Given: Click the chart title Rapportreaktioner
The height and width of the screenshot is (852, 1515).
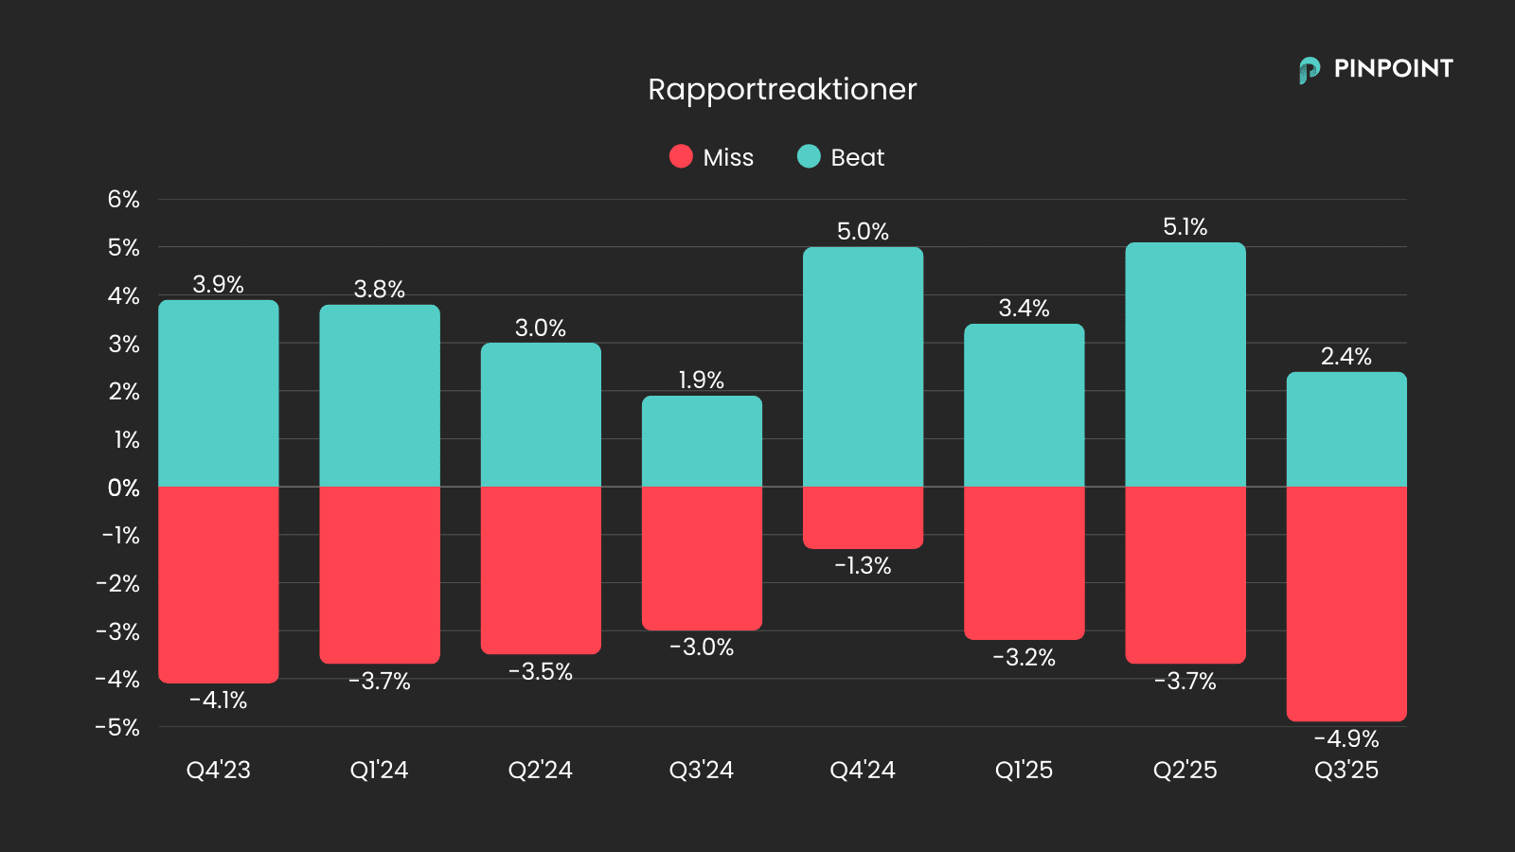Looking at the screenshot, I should [782, 89].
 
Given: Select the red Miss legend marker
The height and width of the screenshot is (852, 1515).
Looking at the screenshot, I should [681, 156].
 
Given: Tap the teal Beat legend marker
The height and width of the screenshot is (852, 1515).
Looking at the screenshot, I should [809, 156].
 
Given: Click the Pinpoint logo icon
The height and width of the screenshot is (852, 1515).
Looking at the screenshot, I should [1310, 70].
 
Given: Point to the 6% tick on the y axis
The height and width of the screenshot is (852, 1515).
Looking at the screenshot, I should [123, 200].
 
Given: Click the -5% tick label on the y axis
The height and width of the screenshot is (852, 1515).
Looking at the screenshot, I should [117, 728].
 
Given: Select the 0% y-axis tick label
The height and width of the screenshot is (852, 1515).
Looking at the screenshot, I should [123, 488].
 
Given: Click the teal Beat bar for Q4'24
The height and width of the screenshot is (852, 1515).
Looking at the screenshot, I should [863, 367].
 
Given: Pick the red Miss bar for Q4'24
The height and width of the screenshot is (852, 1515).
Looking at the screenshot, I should [863, 517].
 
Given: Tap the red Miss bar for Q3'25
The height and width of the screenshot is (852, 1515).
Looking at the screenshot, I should [1346, 603].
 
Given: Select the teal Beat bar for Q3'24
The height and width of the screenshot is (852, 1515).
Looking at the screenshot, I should [702, 441].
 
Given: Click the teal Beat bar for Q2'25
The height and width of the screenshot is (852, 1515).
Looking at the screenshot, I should [1185, 364].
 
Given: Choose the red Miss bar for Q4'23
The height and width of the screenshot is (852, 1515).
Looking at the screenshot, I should [219, 584].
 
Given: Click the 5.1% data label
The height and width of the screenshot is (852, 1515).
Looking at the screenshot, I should [1185, 227].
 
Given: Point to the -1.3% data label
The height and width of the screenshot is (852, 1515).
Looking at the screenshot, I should [863, 566].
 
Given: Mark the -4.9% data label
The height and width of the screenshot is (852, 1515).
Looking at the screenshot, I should [1346, 739].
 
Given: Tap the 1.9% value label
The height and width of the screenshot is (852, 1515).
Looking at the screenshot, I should [702, 381].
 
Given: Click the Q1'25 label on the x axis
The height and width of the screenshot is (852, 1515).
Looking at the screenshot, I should [1024, 771].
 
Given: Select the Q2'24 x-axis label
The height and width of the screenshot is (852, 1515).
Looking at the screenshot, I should [541, 771].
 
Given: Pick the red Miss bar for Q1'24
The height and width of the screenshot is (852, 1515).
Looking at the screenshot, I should [380, 575].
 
